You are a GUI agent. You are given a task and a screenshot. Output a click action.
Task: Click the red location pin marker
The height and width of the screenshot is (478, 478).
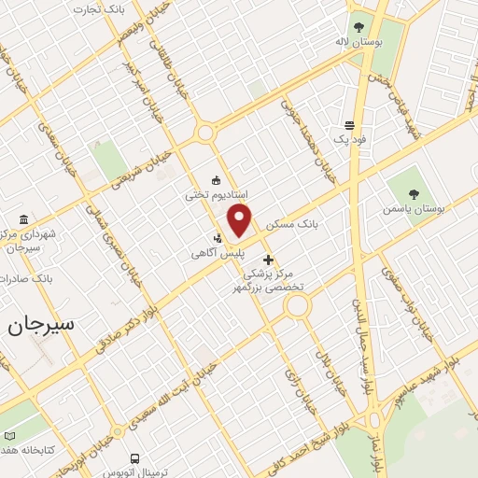[240, 220]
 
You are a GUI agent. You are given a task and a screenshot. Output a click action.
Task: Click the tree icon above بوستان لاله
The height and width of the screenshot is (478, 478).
[358, 26]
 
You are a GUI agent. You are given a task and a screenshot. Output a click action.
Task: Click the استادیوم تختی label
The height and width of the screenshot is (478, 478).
[216, 195]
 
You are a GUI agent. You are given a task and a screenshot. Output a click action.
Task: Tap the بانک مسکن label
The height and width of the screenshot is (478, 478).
[292, 225]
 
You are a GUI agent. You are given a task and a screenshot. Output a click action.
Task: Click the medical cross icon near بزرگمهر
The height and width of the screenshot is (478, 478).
[269, 260]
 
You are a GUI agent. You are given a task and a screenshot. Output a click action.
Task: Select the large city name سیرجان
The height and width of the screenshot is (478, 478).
[41, 326]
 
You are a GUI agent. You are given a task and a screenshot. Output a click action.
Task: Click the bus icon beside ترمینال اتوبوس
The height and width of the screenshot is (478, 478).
[134, 459]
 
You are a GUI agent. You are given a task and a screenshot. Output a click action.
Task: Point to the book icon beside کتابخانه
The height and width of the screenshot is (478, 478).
[10, 436]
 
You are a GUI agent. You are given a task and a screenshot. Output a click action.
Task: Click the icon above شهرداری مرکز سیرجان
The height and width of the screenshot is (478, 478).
[16, 219]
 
